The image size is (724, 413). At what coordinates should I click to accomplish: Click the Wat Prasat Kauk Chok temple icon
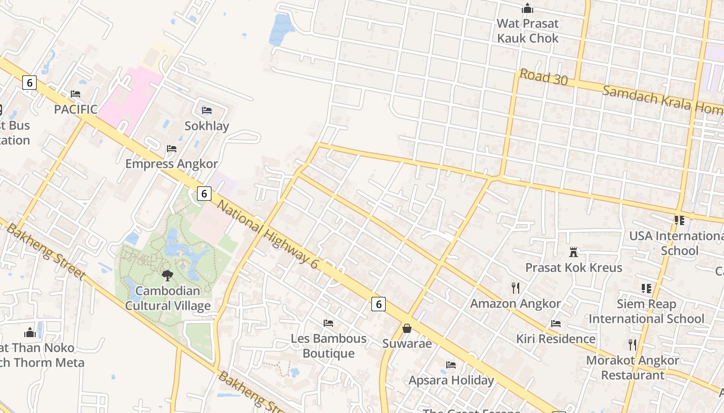pos(527,8)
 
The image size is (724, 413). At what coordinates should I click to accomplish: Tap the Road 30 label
pos(544,77)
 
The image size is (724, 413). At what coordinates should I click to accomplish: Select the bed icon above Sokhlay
pos(207,110)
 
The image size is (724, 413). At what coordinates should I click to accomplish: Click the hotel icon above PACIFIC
pos(76,94)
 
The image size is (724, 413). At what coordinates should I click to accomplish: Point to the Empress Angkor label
pos(172,164)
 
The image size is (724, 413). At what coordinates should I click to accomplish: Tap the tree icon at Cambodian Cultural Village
pos(167,276)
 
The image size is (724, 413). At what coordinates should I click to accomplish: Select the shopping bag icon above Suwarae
pos(407,328)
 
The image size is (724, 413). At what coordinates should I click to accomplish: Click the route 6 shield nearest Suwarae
pos(379,305)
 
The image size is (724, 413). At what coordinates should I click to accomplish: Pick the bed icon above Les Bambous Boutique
pos(328,323)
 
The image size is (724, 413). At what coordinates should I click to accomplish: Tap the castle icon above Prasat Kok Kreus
pos(574,252)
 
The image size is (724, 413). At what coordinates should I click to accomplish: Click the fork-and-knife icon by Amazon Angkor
pos(515,288)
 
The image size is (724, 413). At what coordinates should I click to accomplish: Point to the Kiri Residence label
pos(556,339)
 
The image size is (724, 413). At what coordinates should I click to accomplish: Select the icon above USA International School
pos(679,220)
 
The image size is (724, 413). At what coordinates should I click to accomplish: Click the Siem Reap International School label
pos(646,311)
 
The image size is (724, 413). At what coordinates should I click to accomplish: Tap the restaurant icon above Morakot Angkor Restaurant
pos(632,345)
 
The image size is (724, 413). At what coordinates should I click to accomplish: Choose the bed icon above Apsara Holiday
pos(451,365)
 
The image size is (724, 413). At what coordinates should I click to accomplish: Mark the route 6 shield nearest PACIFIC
pos(29,83)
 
